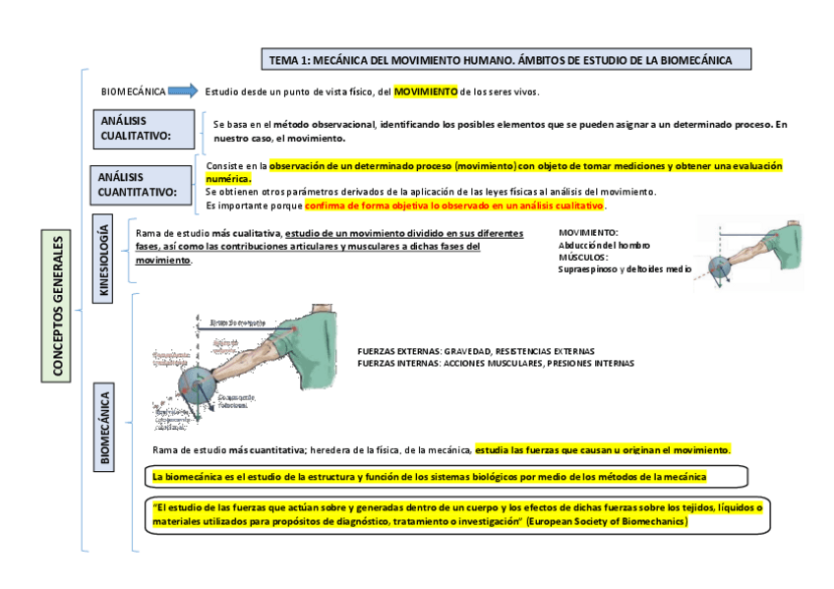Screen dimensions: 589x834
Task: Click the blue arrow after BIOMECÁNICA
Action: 183,91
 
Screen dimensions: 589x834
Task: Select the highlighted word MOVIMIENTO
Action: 426,91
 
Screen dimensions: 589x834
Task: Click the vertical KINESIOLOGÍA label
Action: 104,258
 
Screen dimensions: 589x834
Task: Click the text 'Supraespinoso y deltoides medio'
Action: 624,268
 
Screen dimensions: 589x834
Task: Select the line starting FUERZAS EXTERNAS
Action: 476,351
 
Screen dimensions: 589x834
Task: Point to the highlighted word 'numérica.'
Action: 228,179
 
